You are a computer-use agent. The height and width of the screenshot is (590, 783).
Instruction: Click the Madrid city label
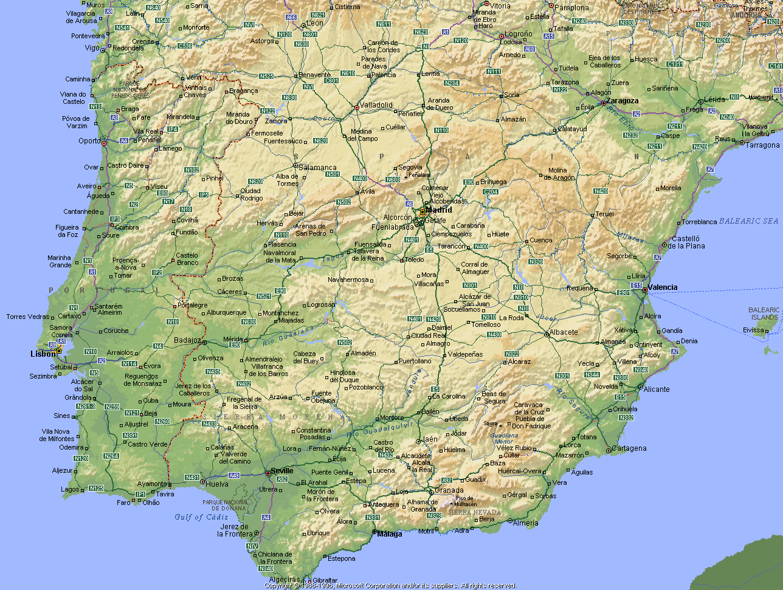click(x=438, y=210)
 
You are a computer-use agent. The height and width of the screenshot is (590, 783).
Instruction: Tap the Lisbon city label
click(x=43, y=354)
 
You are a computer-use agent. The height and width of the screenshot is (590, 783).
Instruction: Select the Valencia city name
click(x=663, y=287)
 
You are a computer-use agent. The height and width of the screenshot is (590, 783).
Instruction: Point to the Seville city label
click(x=282, y=471)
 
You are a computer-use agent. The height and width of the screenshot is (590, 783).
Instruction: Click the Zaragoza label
click(x=623, y=101)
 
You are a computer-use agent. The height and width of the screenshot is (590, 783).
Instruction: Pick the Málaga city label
click(x=390, y=535)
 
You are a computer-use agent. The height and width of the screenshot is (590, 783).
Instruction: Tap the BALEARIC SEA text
click(x=748, y=221)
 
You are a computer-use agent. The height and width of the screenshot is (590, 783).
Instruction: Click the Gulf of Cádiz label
click(x=201, y=517)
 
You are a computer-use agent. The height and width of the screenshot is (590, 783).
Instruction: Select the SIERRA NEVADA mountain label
click(x=475, y=512)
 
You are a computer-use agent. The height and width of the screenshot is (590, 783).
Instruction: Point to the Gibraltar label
click(x=325, y=580)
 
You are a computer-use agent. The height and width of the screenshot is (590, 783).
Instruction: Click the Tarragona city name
click(x=762, y=145)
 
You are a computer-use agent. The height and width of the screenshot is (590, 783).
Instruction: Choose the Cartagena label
click(x=629, y=448)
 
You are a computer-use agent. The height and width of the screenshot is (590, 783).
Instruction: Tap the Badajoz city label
click(x=187, y=340)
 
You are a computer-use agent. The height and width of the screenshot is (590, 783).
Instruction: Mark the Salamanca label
click(x=317, y=168)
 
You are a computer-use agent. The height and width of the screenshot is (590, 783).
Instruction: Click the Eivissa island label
click(x=754, y=331)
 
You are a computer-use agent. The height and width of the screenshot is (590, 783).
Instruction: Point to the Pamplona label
click(x=571, y=8)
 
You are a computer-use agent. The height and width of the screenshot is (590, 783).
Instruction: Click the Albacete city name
click(x=564, y=332)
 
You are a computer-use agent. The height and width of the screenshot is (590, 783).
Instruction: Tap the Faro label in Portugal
click(x=123, y=503)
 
